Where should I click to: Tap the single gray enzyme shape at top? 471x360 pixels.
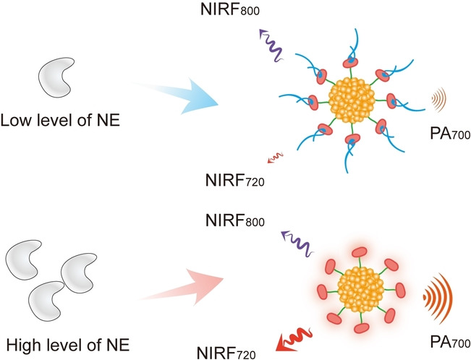pyautogui.click(x=54, y=77)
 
